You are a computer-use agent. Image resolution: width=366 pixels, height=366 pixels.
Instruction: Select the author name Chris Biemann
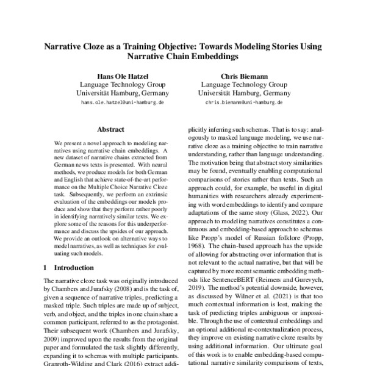(x=235, y=75)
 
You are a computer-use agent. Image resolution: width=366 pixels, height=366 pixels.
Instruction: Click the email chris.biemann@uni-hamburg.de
(x=235, y=103)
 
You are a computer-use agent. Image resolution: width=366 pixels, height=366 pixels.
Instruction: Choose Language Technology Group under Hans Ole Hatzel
(x=114, y=84)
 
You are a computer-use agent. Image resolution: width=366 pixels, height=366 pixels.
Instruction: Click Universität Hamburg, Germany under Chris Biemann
(x=235, y=93)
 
